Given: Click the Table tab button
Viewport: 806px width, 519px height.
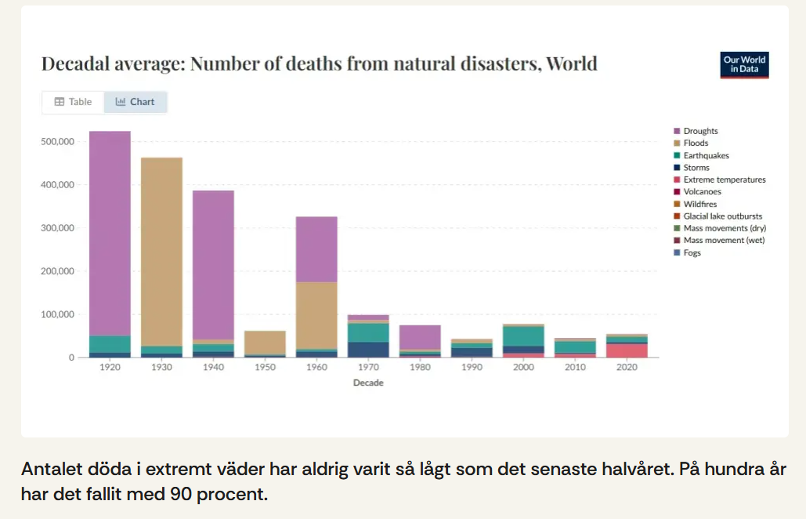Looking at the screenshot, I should pos(73,102).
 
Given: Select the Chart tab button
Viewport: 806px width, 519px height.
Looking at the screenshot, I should pos(135,102).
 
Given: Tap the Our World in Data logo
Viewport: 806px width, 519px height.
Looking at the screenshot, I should pos(744,65).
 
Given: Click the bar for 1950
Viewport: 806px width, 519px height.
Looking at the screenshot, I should pos(265,343).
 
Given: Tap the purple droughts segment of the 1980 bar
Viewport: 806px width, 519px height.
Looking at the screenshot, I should pos(420,337).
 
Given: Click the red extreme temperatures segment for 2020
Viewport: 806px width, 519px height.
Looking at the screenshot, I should pos(627,350).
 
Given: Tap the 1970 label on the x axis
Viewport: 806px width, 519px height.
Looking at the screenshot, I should pos(368,367).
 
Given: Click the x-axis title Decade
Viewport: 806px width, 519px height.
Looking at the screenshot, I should pos(368,383).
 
